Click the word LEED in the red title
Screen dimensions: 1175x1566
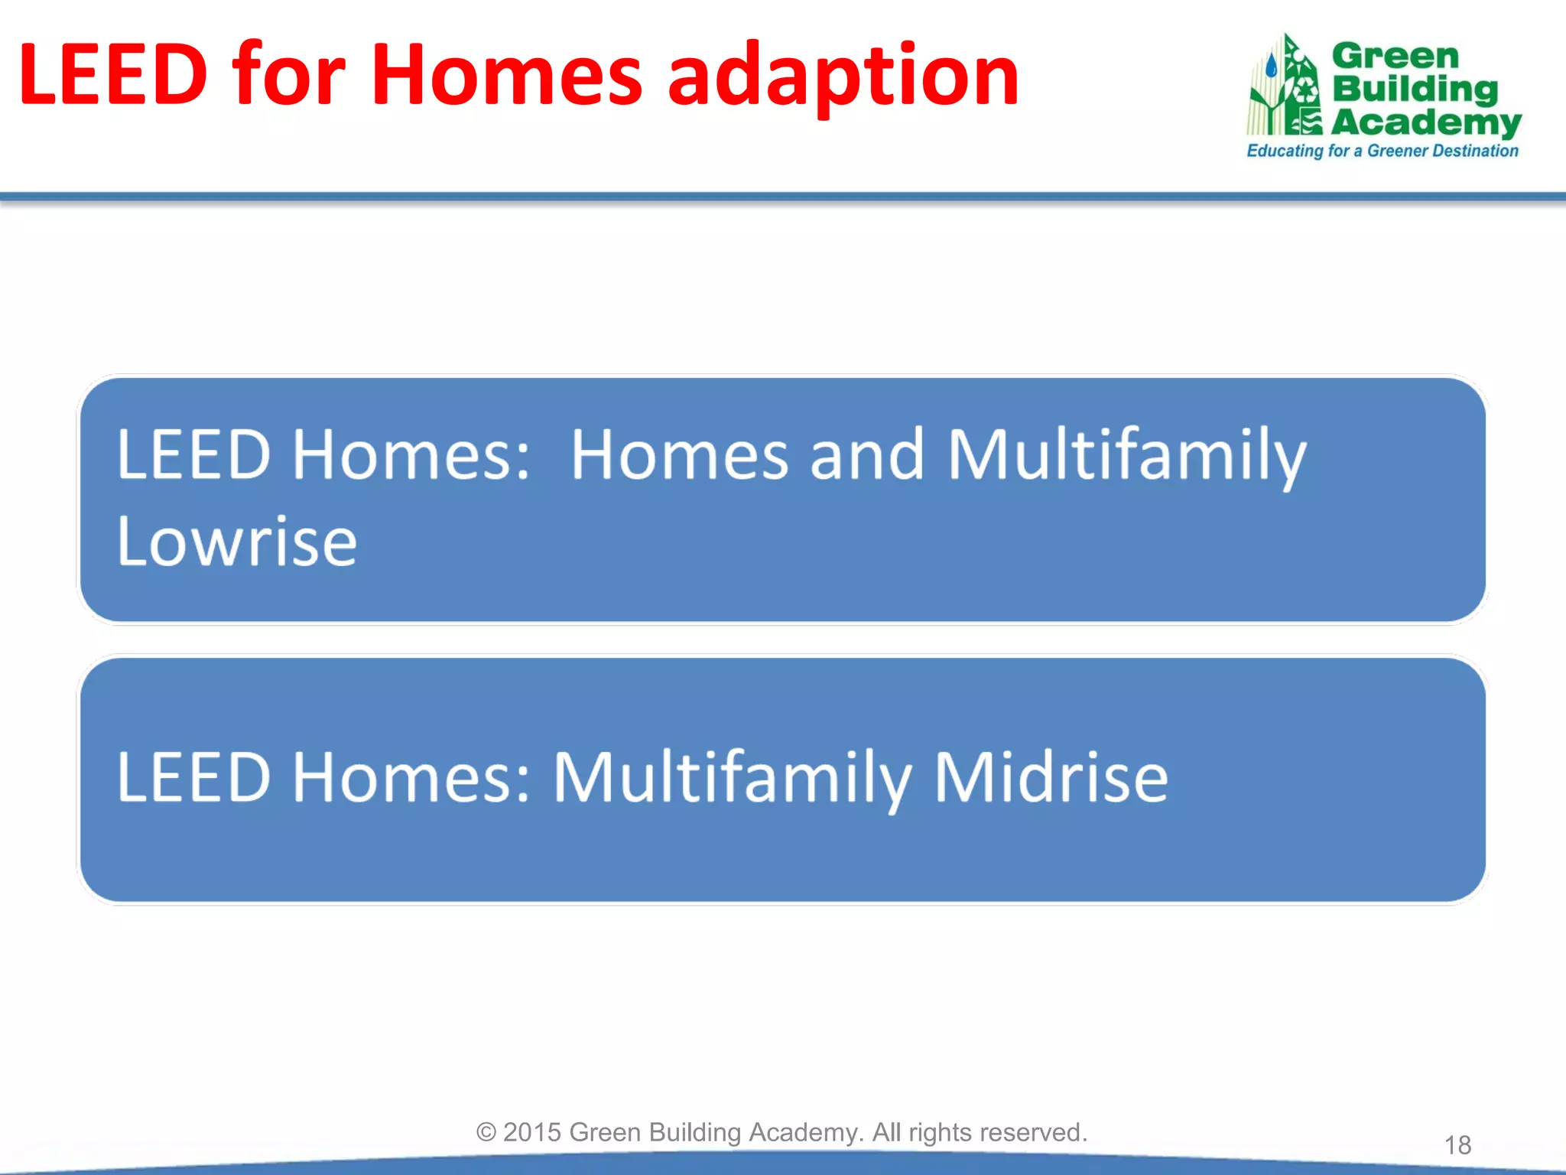click(113, 75)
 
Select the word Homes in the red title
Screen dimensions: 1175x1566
click(506, 75)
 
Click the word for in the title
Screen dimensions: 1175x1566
click(289, 75)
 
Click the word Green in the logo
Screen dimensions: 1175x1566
click(1395, 56)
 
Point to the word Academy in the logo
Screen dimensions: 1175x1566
click(1426, 122)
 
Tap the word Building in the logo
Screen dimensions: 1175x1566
click(1415, 89)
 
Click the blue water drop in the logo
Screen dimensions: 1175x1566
click(1271, 67)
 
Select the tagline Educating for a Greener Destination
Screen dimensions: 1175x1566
click(1382, 151)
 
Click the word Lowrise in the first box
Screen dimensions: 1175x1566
click(237, 542)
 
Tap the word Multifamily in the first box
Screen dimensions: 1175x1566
click(1126, 455)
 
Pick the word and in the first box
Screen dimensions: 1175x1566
click(866, 455)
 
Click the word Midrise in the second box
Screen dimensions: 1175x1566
click(1051, 777)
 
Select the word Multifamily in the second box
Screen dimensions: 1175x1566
click(732, 777)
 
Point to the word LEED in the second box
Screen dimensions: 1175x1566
click(193, 777)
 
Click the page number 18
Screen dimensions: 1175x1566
click(1457, 1145)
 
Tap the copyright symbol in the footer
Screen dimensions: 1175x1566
click(486, 1132)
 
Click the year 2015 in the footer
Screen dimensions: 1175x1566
click(532, 1132)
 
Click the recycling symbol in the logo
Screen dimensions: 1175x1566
click(1304, 91)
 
